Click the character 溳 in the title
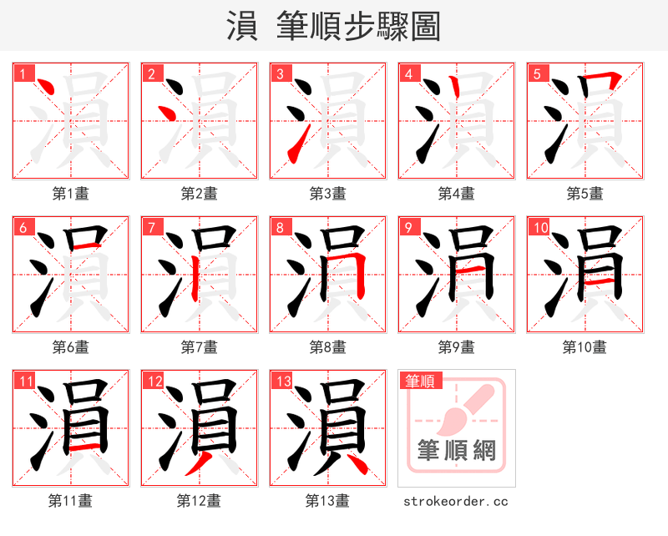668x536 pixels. point(241,26)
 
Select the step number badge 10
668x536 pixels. point(540,227)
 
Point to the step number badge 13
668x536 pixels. point(283,381)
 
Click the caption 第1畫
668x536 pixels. point(70,194)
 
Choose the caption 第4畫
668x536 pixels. point(456,194)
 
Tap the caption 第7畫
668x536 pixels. point(199,346)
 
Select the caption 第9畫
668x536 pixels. point(456,346)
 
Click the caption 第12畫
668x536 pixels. point(199,500)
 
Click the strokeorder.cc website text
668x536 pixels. point(456,501)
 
